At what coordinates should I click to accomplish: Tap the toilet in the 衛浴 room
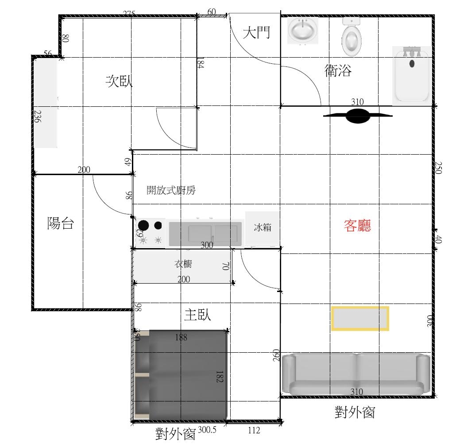point(352,37)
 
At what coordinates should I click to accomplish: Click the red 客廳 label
point(357,226)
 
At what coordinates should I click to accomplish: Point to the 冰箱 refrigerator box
point(263,228)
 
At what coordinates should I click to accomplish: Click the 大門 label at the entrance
point(256,32)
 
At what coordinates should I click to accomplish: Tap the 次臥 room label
point(119,81)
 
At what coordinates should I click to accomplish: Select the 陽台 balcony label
point(60,223)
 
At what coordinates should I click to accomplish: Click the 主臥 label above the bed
point(197,315)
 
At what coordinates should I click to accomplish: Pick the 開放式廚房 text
point(171,191)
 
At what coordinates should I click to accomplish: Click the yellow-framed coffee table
point(360,318)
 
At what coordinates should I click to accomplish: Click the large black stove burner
point(143,225)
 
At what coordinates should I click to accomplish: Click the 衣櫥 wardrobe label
point(183,264)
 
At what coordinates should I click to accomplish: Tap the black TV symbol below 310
point(358,116)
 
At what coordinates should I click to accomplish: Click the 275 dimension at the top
point(128,14)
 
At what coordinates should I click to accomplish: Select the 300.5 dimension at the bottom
point(207,430)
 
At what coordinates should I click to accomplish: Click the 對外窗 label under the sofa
point(355,413)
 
